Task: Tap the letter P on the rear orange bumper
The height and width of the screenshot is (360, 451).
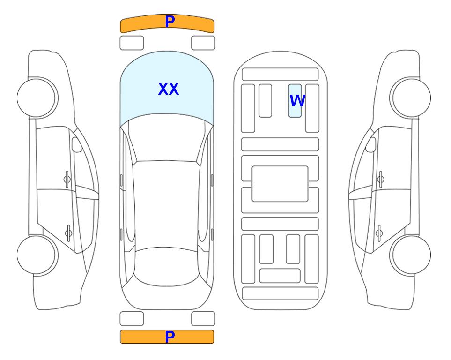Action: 170,337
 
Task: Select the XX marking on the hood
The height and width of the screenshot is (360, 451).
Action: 169,89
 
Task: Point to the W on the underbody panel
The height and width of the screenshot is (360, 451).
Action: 297,100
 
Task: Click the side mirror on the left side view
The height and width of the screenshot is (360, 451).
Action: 77,144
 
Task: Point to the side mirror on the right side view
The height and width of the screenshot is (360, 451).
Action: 371,144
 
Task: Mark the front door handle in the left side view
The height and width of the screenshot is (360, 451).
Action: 67,180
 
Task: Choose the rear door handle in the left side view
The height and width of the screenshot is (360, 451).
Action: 68,233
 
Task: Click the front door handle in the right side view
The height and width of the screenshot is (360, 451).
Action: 381,180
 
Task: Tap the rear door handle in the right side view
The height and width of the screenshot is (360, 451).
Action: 379,233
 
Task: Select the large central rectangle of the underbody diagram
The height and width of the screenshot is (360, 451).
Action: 280,184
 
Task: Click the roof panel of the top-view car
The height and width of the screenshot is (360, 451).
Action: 166,204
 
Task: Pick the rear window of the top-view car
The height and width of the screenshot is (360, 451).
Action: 166,266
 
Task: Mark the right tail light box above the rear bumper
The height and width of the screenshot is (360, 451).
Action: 203,319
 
